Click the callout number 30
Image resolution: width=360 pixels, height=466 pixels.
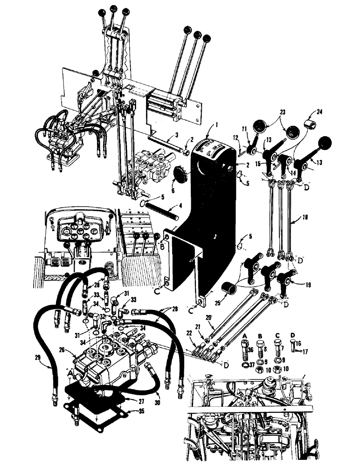coord(160,395)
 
